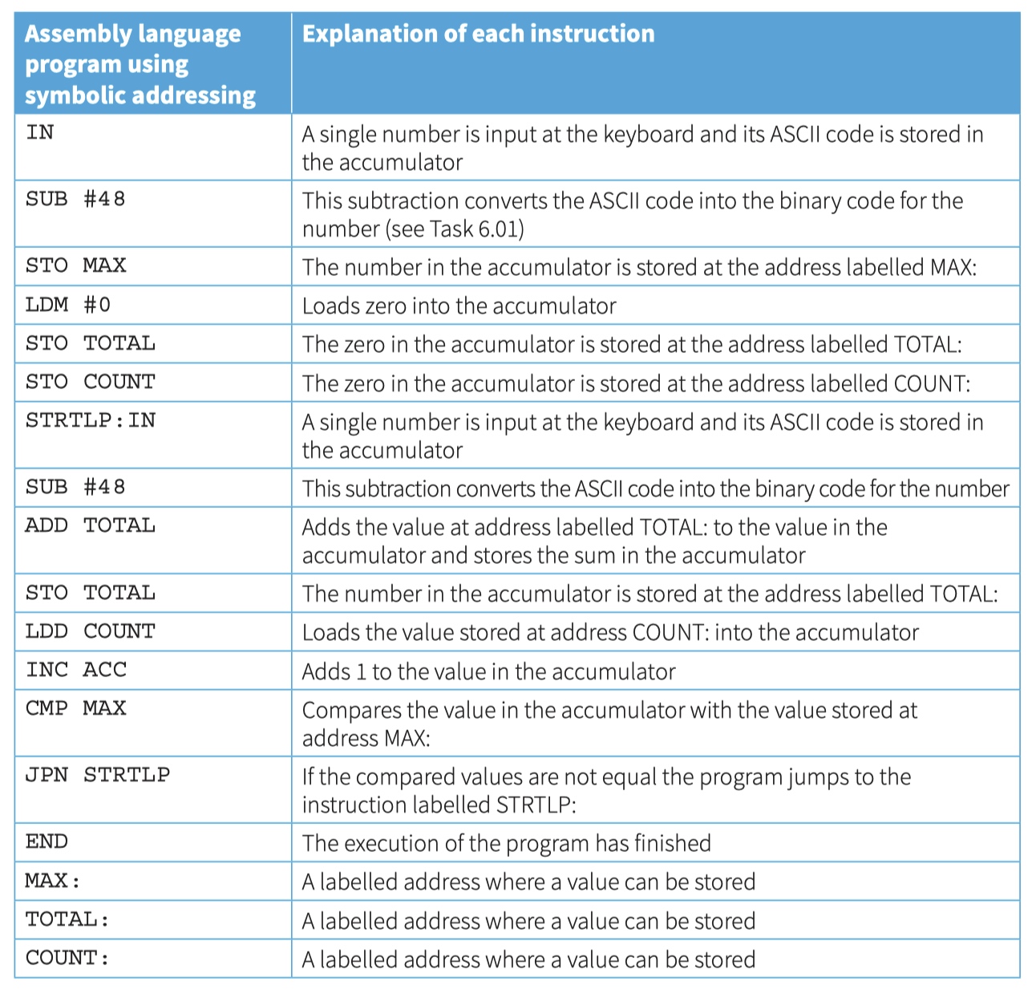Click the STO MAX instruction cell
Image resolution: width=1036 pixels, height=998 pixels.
coord(75,266)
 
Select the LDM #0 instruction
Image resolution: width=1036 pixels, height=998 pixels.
coord(68,305)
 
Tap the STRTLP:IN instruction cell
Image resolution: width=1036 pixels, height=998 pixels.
coord(91,420)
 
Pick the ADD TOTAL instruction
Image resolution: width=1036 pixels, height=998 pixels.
coord(91,525)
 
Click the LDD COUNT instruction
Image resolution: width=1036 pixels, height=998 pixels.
coord(91,631)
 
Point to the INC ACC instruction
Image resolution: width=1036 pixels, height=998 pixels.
coord(76,669)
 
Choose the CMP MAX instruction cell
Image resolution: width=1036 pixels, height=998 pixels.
coord(75,708)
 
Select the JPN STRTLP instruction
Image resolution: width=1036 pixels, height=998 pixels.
coord(98,774)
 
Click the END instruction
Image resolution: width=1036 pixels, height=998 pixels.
coord(47,842)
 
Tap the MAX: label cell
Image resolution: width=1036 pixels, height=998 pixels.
coord(53,881)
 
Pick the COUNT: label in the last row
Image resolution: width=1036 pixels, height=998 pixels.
coord(67,958)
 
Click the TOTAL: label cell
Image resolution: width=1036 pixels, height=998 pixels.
coord(67,919)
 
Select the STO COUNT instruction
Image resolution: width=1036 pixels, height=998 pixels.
coord(91,382)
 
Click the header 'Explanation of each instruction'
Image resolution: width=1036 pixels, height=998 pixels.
coord(478,33)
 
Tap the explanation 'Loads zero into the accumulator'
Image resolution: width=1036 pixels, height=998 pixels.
coord(459,306)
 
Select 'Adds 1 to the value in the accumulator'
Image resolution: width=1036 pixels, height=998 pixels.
coord(488,671)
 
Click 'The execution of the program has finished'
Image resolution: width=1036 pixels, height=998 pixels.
coord(506,843)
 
